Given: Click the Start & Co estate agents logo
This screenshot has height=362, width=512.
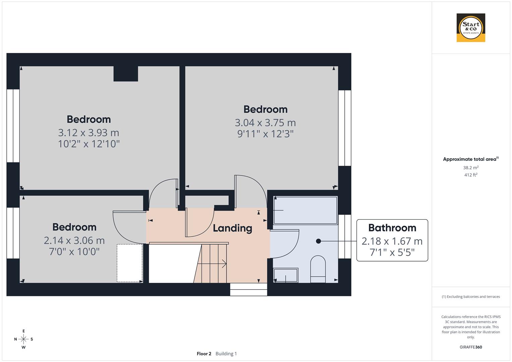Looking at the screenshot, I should point(471,27).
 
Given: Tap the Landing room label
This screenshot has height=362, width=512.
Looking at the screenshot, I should point(232,228).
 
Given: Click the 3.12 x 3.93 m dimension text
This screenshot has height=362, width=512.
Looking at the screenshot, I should point(89,133).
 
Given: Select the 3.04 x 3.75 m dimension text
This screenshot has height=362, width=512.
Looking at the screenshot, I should point(265,123).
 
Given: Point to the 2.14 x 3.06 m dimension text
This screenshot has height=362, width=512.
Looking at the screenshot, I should point(74,240).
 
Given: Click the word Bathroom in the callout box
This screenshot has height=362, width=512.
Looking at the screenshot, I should point(392,228).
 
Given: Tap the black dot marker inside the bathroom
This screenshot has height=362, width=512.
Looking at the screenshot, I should point(318,241).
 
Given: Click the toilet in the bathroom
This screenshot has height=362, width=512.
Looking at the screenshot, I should point(318,269).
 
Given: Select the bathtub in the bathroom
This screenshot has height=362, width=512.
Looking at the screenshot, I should point(305,210).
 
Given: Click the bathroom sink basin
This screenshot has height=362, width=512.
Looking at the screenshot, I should point(286,275).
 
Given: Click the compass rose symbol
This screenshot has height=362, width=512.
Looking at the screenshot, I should point(23,339).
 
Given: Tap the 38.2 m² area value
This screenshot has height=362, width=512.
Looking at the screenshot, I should point(471,168).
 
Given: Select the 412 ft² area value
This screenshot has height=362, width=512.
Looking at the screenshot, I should point(471,175).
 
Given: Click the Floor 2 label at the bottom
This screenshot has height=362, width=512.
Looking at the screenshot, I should point(204,354).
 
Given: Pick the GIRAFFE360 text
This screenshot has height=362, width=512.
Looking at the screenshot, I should point(471,347).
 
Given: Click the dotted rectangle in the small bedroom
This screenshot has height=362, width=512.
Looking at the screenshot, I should point(130,263).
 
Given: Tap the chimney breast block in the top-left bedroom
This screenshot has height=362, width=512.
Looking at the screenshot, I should point(126,74).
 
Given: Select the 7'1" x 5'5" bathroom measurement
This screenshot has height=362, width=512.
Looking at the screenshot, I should point(392,252).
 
